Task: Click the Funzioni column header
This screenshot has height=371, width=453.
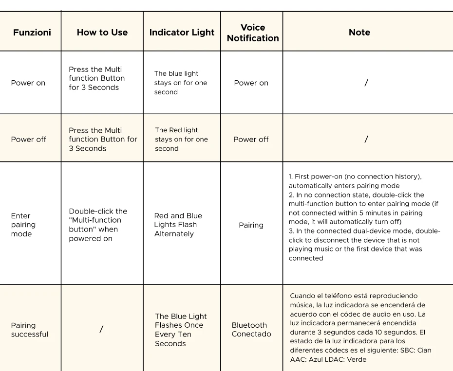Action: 32,33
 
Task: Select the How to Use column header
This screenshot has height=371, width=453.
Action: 102,33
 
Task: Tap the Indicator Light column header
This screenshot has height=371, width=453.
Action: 182,33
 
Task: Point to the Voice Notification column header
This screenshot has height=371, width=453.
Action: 253,33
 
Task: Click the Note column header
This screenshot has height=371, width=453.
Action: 359,33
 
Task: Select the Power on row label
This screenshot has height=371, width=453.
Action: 28,83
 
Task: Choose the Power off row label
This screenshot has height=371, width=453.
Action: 29,140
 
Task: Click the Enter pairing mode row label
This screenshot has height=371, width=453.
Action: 23,225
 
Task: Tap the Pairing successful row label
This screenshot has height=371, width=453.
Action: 30,330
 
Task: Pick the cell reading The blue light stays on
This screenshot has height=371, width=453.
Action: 181,83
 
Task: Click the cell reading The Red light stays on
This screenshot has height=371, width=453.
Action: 181,139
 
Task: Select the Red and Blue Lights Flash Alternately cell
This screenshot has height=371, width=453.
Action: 178,225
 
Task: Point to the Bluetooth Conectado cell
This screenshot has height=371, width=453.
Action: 251,330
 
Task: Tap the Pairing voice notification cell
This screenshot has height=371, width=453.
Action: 251,225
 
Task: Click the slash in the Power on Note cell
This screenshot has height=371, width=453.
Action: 366,83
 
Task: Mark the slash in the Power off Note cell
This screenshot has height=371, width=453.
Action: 366,139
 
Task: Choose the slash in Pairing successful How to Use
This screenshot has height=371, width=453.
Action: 101,329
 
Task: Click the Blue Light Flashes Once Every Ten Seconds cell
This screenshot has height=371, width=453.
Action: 181,330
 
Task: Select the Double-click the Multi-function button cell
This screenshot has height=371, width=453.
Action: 98,225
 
